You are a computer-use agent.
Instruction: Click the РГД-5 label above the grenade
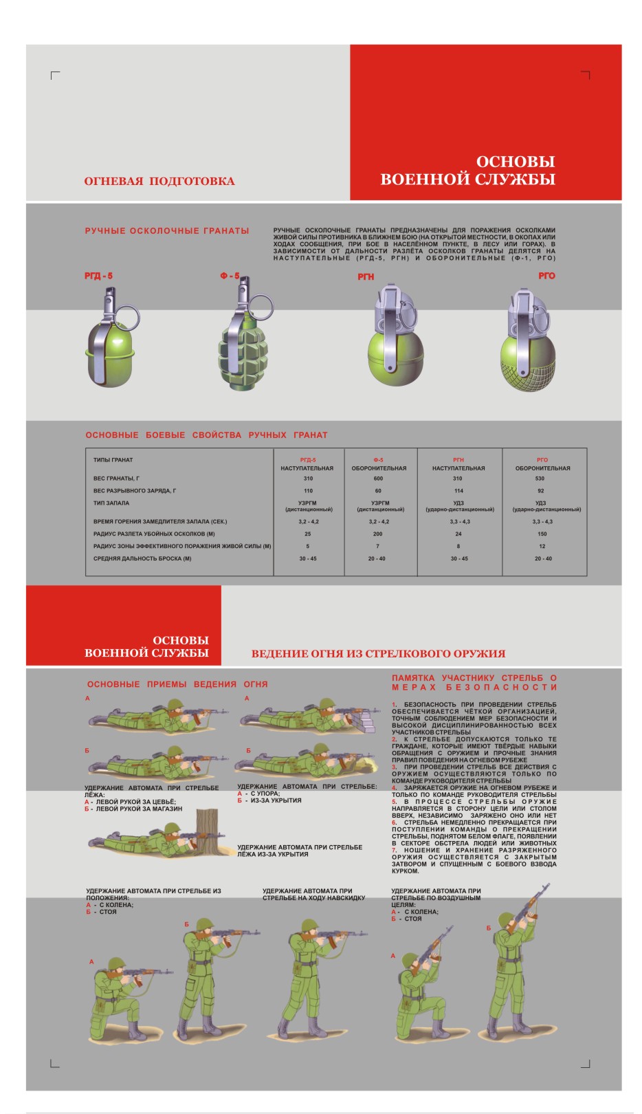pyautogui.click(x=98, y=276)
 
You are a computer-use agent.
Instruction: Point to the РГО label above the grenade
pyautogui.click(x=546, y=276)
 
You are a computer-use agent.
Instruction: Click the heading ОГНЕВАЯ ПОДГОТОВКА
pyautogui.click(x=159, y=182)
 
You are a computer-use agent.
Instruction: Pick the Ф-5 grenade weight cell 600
pyautogui.click(x=378, y=479)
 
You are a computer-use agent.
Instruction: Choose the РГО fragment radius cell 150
pyautogui.click(x=542, y=534)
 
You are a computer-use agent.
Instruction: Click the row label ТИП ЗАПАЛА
pyautogui.click(x=111, y=503)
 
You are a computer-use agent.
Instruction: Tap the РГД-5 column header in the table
pyautogui.click(x=308, y=460)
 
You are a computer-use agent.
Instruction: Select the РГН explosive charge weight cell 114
pyautogui.click(x=458, y=491)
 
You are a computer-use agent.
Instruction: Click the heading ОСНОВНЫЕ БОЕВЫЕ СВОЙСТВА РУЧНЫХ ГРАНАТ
pyautogui.click(x=206, y=435)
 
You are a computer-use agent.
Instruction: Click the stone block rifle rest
pyautogui.click(x=369, y=721)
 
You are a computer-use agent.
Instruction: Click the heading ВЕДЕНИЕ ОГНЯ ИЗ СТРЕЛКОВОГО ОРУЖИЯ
pyautogui.click(x=378, y=654)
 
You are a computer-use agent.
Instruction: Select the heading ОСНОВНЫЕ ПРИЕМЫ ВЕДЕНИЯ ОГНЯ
pyautogui.click(x=177, y=685)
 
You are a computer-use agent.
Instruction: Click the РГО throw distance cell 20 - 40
pyautogui.click(x=543, y=559)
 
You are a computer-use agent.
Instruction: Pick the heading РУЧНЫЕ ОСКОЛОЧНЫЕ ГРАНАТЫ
pyautogui.click(x=167, y=231)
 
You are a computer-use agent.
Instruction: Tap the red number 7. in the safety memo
pyautogui.click(x=395, y=851)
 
